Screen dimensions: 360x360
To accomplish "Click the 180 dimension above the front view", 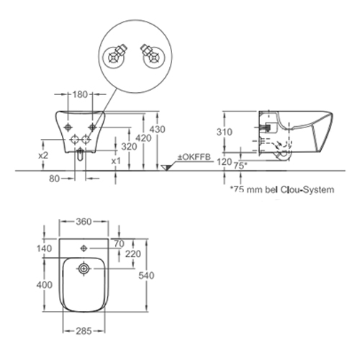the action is tap(80, 94).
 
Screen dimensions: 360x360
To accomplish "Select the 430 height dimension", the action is tap(158, 130).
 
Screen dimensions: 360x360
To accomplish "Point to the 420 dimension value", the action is tap(143, 138).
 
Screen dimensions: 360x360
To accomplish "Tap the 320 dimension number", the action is tap(129, 146).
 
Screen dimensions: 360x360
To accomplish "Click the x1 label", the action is tap(116, 161).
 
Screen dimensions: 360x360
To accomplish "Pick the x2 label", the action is tap(43, 156).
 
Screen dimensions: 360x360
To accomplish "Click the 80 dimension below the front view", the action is tap(54, 179).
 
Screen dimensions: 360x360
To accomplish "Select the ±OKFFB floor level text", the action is tap(194, 157).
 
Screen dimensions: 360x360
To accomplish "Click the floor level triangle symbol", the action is tap(166, 168).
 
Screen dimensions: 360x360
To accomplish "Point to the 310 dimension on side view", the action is tap(225, 132).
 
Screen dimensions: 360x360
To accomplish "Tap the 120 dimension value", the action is tap(224, 162).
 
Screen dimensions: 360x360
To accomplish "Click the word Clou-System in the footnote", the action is tap(307, 189).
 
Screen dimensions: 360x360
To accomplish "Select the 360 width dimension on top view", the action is tap(84, 222).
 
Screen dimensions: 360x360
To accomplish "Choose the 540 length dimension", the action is tap(146, 276).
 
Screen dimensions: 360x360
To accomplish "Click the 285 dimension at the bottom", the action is tap(84, 331).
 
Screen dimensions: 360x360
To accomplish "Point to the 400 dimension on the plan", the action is tap(45, 285).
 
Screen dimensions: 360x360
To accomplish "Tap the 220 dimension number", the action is tap(133, 253).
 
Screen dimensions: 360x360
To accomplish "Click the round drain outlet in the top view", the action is tap(84, 269).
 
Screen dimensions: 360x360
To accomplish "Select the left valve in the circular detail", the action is tap(114, 57).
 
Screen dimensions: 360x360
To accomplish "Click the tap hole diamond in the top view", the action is tap(84, 248).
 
